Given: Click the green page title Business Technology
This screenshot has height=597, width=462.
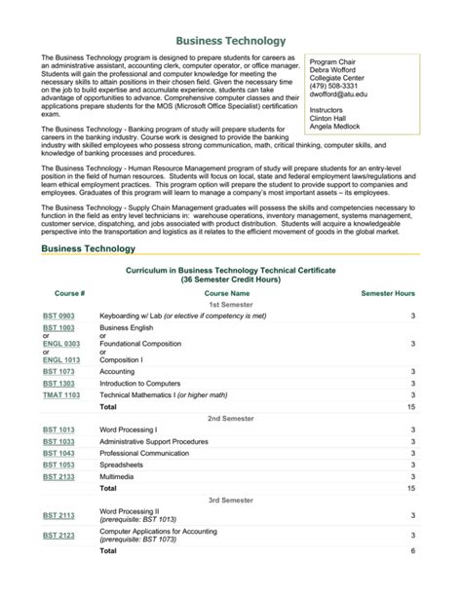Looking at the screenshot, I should pyautogui.click(x=230, y=41).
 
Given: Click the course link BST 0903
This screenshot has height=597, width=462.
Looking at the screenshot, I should pyautogui.click(x=58, y=317).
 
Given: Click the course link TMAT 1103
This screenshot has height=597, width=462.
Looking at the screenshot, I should pyautogui.click(x=61, y=395).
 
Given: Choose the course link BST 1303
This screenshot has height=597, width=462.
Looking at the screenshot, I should pyautogui.click(x=58, y=384).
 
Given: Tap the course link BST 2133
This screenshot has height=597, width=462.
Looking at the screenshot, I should pyautogui.click(x=58, y=477).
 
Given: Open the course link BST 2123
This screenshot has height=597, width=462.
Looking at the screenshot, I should pyautogui.click(x=58, y=536).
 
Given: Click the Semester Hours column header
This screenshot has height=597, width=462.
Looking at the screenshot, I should pyautogui.click(x=388, y=292).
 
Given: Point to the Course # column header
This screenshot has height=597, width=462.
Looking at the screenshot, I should pyautogui.click(x=69, y=292).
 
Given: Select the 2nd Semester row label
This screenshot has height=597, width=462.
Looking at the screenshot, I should pyautogui.click(x=230, y=418).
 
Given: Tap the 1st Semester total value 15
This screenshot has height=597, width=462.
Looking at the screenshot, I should pyautogui.click(x=411, y=407).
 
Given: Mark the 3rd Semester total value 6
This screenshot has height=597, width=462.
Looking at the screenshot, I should pyautogui.click(x=413, y=551).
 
